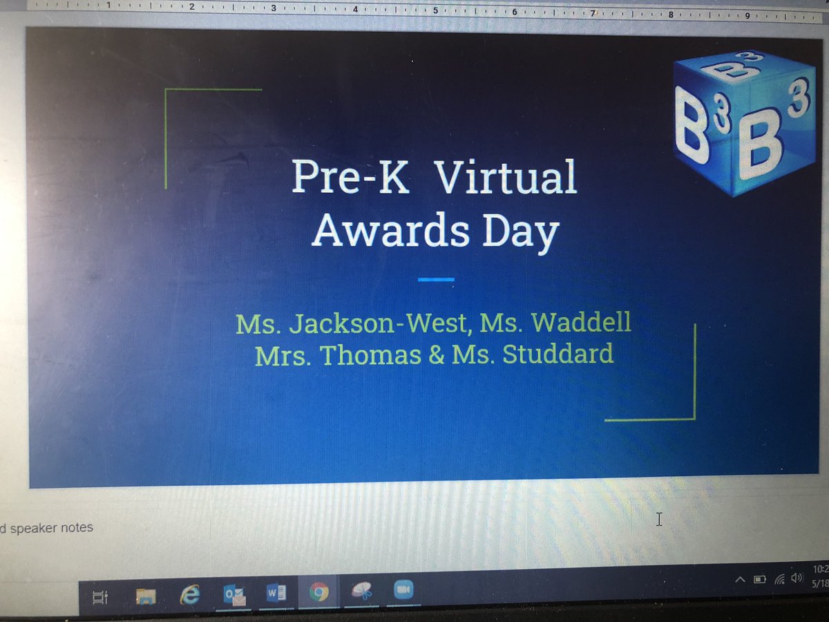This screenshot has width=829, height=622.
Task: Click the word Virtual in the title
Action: (x=507, y=177)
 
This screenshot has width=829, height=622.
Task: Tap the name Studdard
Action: (x=557, y=354)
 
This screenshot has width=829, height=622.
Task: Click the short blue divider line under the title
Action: (x=436, y=279)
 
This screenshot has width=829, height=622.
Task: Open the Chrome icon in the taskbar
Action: (x=318, y=592)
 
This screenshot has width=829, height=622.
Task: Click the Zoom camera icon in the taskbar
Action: (x=403, y=590)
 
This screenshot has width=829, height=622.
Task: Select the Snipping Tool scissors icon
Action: (x=361, y=591)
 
